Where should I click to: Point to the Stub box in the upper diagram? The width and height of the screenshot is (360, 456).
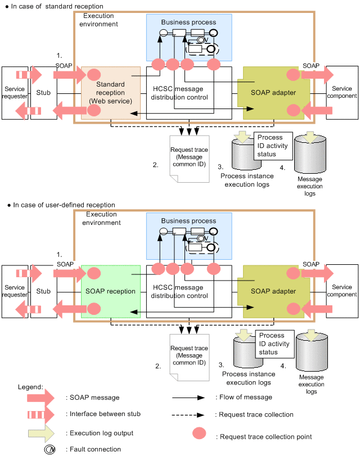tap(44, 92)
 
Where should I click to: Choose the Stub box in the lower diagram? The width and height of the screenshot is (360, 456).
tap(44, 291)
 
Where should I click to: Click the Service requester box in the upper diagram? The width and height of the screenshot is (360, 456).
tap(15, 92)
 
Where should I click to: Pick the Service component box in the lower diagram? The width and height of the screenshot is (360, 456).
tap(342, 291)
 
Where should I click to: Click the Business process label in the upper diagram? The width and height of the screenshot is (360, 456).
tap(188, 22)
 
